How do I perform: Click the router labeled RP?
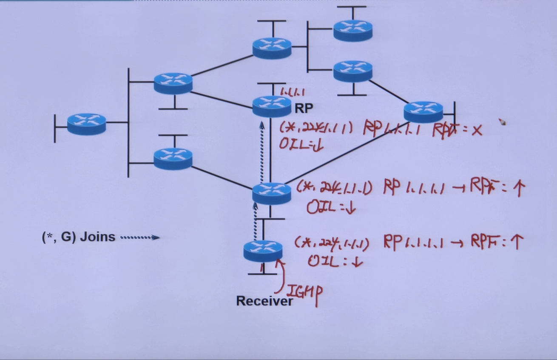pyautogui.click(x=272, y=106)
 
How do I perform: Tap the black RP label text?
pyautogui.click(x=304, y=109)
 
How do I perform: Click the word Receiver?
pyautogui.click(x=264, y=301)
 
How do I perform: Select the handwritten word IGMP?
pyautogui.click(x=304, y=292)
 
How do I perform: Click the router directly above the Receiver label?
pyautogui.click(x=263, y=251)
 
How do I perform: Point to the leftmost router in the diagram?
pyautogui.click(x=86, y=124)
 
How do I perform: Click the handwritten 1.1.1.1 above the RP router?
pyautogui.click(x=293, y=91)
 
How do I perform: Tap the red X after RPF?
pyautogui.click(x=477, y=130)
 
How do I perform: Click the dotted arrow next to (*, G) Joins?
pyautogui.click(x=140, y=237)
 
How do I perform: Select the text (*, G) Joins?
pyautogui.click(x=79, y=237)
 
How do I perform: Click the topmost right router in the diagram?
pyautogui.click(x=352, y=30)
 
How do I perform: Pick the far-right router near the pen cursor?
pyautogui.click(x=423, y=111)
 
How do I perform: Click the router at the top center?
pyautogui.click(x=272, y=48)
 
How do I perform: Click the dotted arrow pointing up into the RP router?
pyautogui.click(x=262, y=149)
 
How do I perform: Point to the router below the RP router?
pyautogui.click(x=271, y=193)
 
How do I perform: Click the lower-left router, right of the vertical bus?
pyautogui.click(x=173, y=158)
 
